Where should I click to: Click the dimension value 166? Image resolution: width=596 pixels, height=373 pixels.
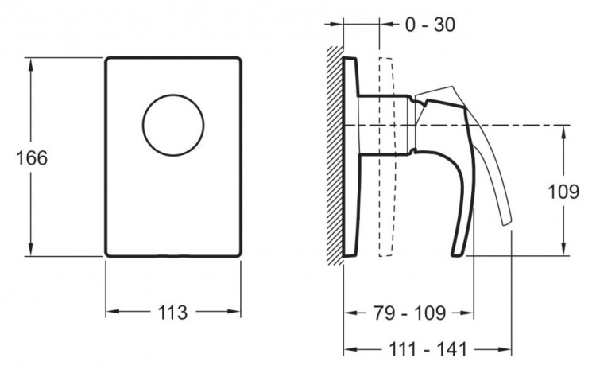32,157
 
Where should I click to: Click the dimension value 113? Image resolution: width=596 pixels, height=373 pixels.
172,313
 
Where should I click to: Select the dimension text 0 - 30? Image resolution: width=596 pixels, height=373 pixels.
430,25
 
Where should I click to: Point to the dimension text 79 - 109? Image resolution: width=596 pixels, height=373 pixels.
408,312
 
